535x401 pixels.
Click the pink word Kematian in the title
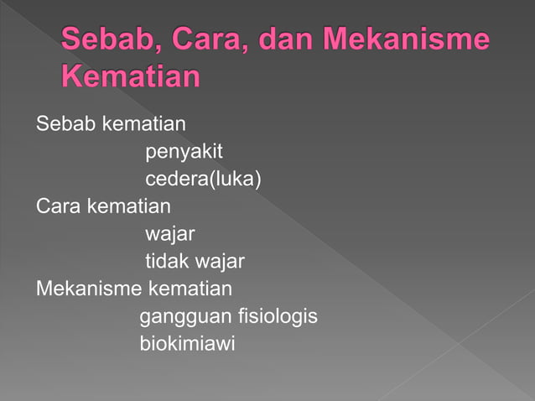pyautogui.click(x=132, y=77)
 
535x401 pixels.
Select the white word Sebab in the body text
pyautogui.click(x=65, y=125)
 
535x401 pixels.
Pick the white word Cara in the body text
pyautogui.click(x=56, y=206)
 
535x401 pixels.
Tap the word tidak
pyautogui.click(x=167, y=262)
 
